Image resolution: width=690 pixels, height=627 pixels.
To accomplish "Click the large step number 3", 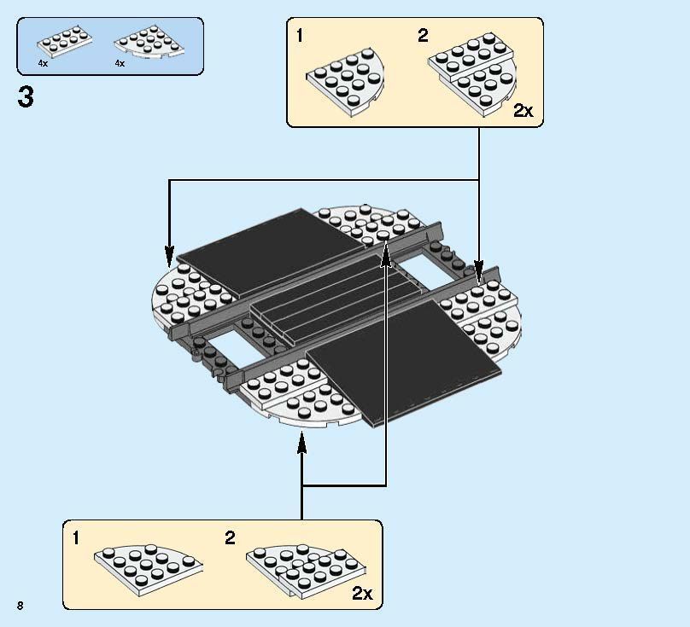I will (x=26, y=98).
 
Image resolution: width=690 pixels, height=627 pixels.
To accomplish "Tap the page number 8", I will (x=18, y=605).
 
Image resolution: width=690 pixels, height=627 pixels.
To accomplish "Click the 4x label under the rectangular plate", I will (x=43, y=63).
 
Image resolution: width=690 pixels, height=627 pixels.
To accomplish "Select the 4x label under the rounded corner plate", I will (x=120, y=63).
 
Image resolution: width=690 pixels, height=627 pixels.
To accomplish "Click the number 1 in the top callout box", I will (x=298, y=36).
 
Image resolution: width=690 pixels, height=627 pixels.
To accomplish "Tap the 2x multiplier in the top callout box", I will (x=523, y=110).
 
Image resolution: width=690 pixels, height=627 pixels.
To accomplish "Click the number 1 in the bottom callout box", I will (x=76, y=538).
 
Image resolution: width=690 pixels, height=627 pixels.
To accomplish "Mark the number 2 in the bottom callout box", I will (x=230, y=538).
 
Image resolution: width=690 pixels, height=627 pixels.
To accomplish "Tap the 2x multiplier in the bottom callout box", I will (x=362, y=593).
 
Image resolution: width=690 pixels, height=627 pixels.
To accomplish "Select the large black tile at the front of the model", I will (x=401, y=358).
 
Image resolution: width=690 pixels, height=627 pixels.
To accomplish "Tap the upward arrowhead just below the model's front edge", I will (x=301, y=441).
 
